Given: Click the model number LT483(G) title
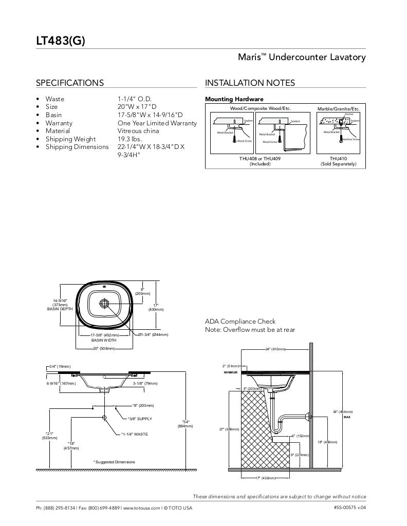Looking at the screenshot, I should (60, 41).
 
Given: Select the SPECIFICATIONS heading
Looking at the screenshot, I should (69, 83).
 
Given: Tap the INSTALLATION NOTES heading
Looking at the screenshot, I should (250, 83).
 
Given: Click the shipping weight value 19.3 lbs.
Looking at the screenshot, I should (129, 139).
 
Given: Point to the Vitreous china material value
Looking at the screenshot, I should (137, 131).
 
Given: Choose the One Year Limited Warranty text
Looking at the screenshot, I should (157, 123).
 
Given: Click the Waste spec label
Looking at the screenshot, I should (55, 99).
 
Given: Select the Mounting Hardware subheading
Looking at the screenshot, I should (234, 99).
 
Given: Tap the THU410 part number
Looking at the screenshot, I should (338, 159).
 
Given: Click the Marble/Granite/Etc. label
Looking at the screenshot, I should (338, 109).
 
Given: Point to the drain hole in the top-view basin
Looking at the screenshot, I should (104, 303).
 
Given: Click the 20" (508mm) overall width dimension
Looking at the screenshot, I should (104, 349).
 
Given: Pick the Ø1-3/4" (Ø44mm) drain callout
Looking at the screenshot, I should (153, 335).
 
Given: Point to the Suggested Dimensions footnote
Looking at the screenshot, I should (114, 462).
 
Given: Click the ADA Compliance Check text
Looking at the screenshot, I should (240, 322).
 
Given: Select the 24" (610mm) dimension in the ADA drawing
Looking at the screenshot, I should (275, 349).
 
